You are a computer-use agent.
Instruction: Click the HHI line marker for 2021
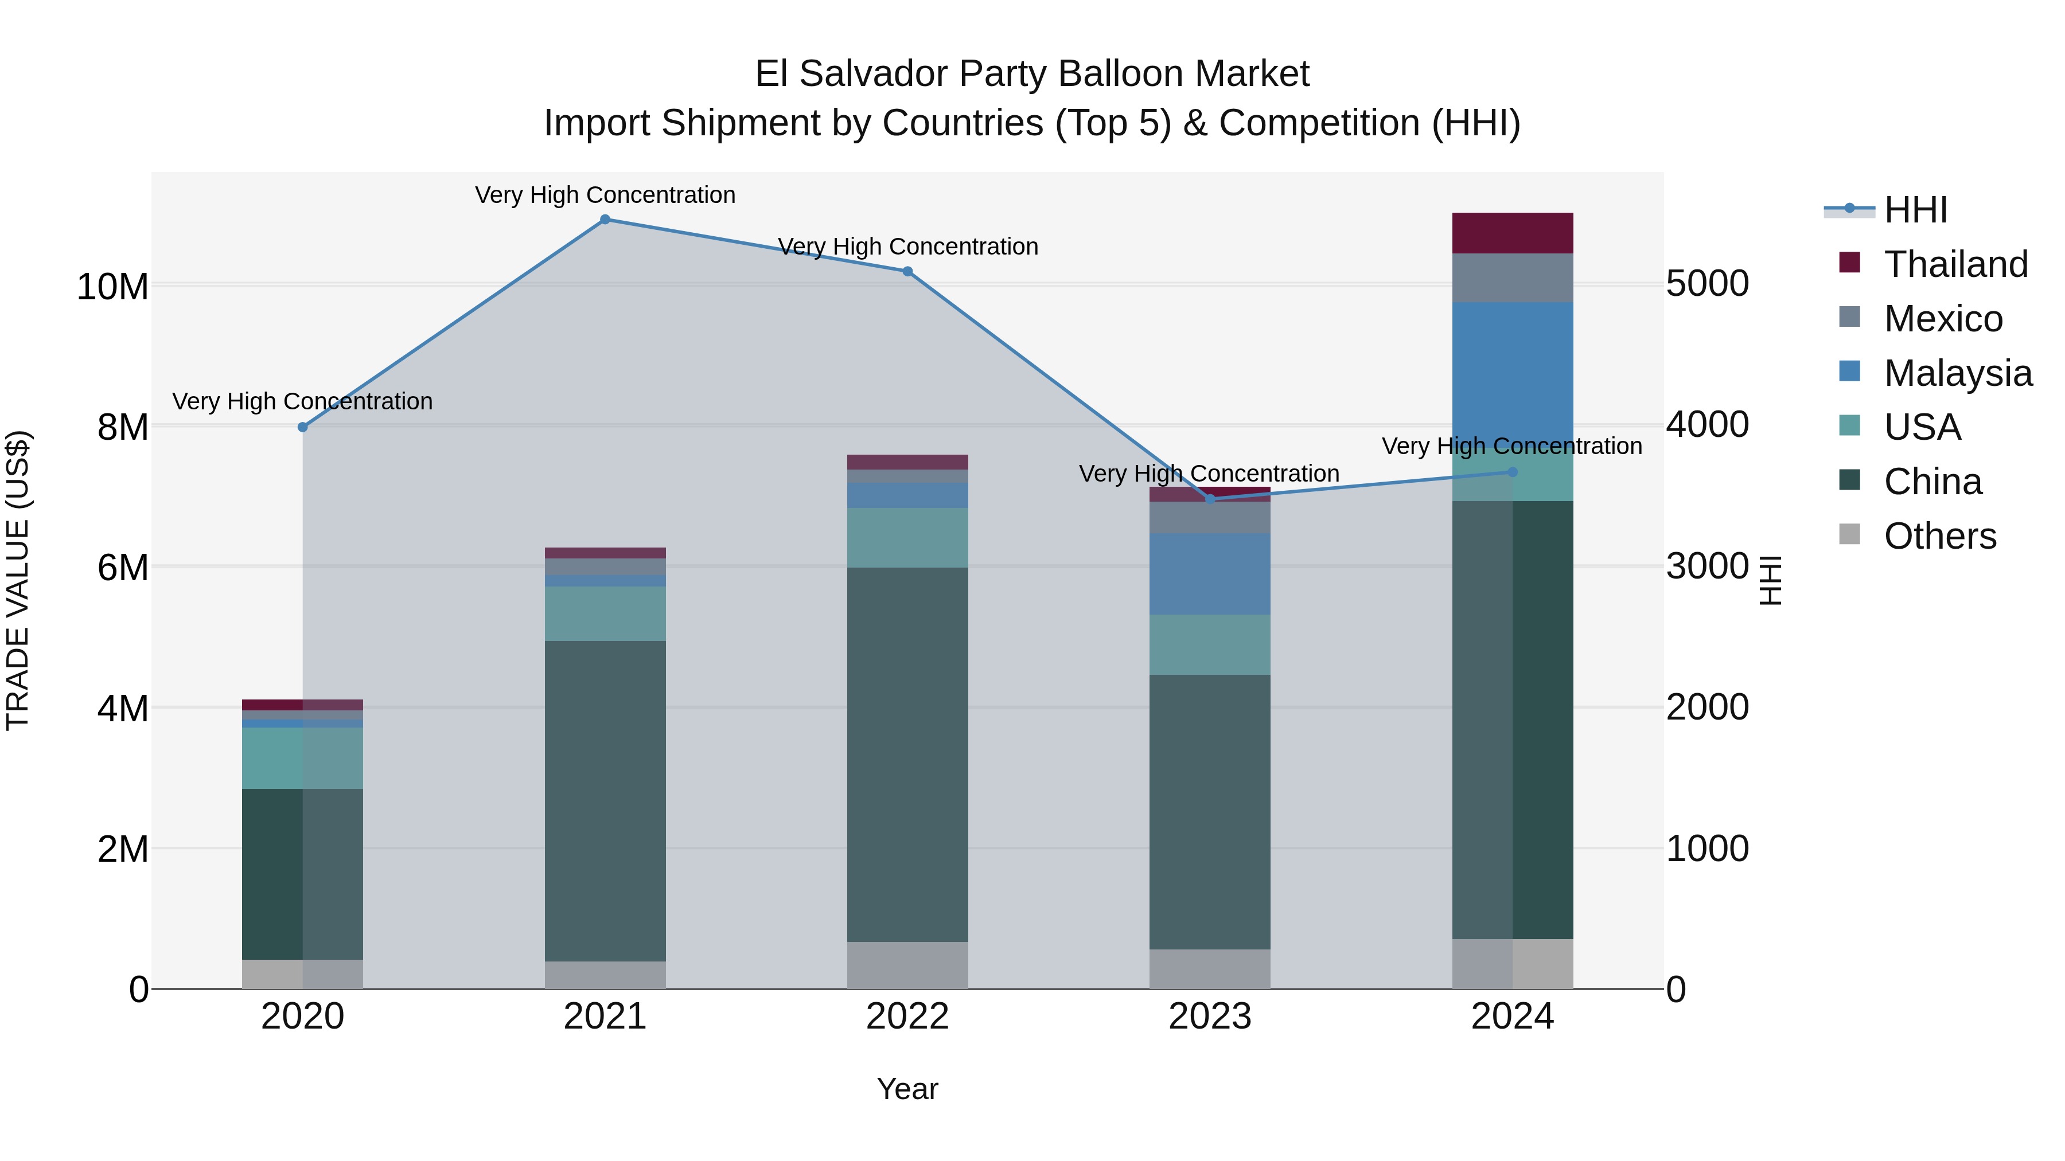point(605,220)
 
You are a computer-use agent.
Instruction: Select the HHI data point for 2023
point(1210,499)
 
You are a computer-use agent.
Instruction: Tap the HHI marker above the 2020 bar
point(303,427)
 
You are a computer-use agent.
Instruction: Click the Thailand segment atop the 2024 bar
point(1513,233)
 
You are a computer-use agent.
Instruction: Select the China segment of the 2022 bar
point(907,754)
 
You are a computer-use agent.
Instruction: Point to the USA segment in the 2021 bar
point(605,613)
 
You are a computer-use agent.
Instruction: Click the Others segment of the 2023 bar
point(1210,969)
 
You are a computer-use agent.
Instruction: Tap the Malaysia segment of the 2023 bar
point(1210,574)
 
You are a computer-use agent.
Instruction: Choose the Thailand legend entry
point(1956,264)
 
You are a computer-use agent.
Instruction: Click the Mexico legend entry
point(1943,319)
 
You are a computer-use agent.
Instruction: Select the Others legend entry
point(1940,536)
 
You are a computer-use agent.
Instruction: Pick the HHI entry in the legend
point(1915,210)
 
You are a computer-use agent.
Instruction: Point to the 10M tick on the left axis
point(112,286)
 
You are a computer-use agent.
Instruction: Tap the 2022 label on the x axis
point(907,1017)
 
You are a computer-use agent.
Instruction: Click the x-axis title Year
point(907,1089)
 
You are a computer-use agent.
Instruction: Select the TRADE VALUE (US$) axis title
point(18,580)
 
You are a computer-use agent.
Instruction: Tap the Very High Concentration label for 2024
point(1512,446)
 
